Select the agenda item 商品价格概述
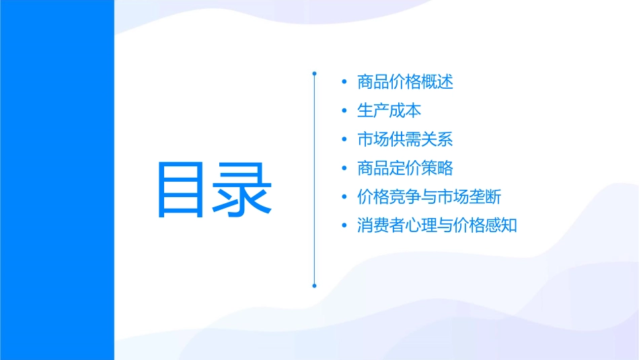(405, 82)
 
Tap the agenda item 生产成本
(389, 111)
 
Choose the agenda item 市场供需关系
(405, 140)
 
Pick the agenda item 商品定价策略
(405, 168)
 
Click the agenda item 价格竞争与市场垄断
(429, 197)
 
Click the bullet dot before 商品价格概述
(344, 83)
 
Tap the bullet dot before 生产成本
(344, 112)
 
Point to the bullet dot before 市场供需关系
(344, 140)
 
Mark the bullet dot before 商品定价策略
(344, 169)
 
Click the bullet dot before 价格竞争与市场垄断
(344, 198)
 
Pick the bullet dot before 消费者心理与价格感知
(344, 226)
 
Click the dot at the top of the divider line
(314, 72)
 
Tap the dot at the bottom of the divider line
(314, 285)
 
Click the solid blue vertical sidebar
(57, 180)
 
